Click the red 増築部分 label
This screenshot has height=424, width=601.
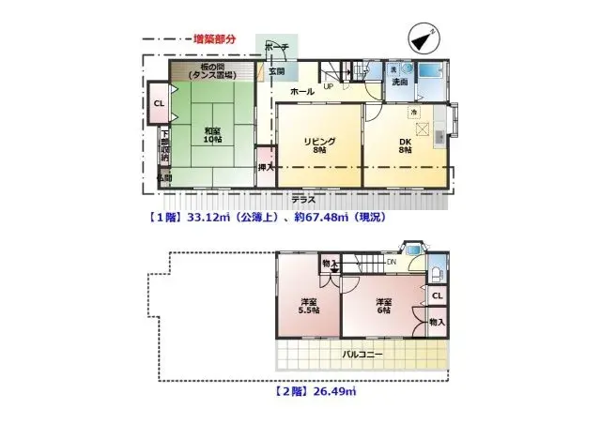(x=215, y=39)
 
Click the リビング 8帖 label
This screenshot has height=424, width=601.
(x=318, y=145)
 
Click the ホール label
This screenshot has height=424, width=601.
(x=301, y=92)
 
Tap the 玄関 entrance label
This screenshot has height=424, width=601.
(x=278, y=71)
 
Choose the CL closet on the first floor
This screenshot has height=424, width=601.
(x=159, y=104)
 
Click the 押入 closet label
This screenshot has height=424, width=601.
(x=266, y=168)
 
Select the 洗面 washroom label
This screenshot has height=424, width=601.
(x=399, y=83)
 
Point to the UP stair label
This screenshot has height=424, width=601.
(x=329, y=87)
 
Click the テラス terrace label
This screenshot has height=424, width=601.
(x=302, y=200)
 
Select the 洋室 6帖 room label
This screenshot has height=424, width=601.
(x=383, y=306)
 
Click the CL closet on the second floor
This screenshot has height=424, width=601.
(x=437, y=295)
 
